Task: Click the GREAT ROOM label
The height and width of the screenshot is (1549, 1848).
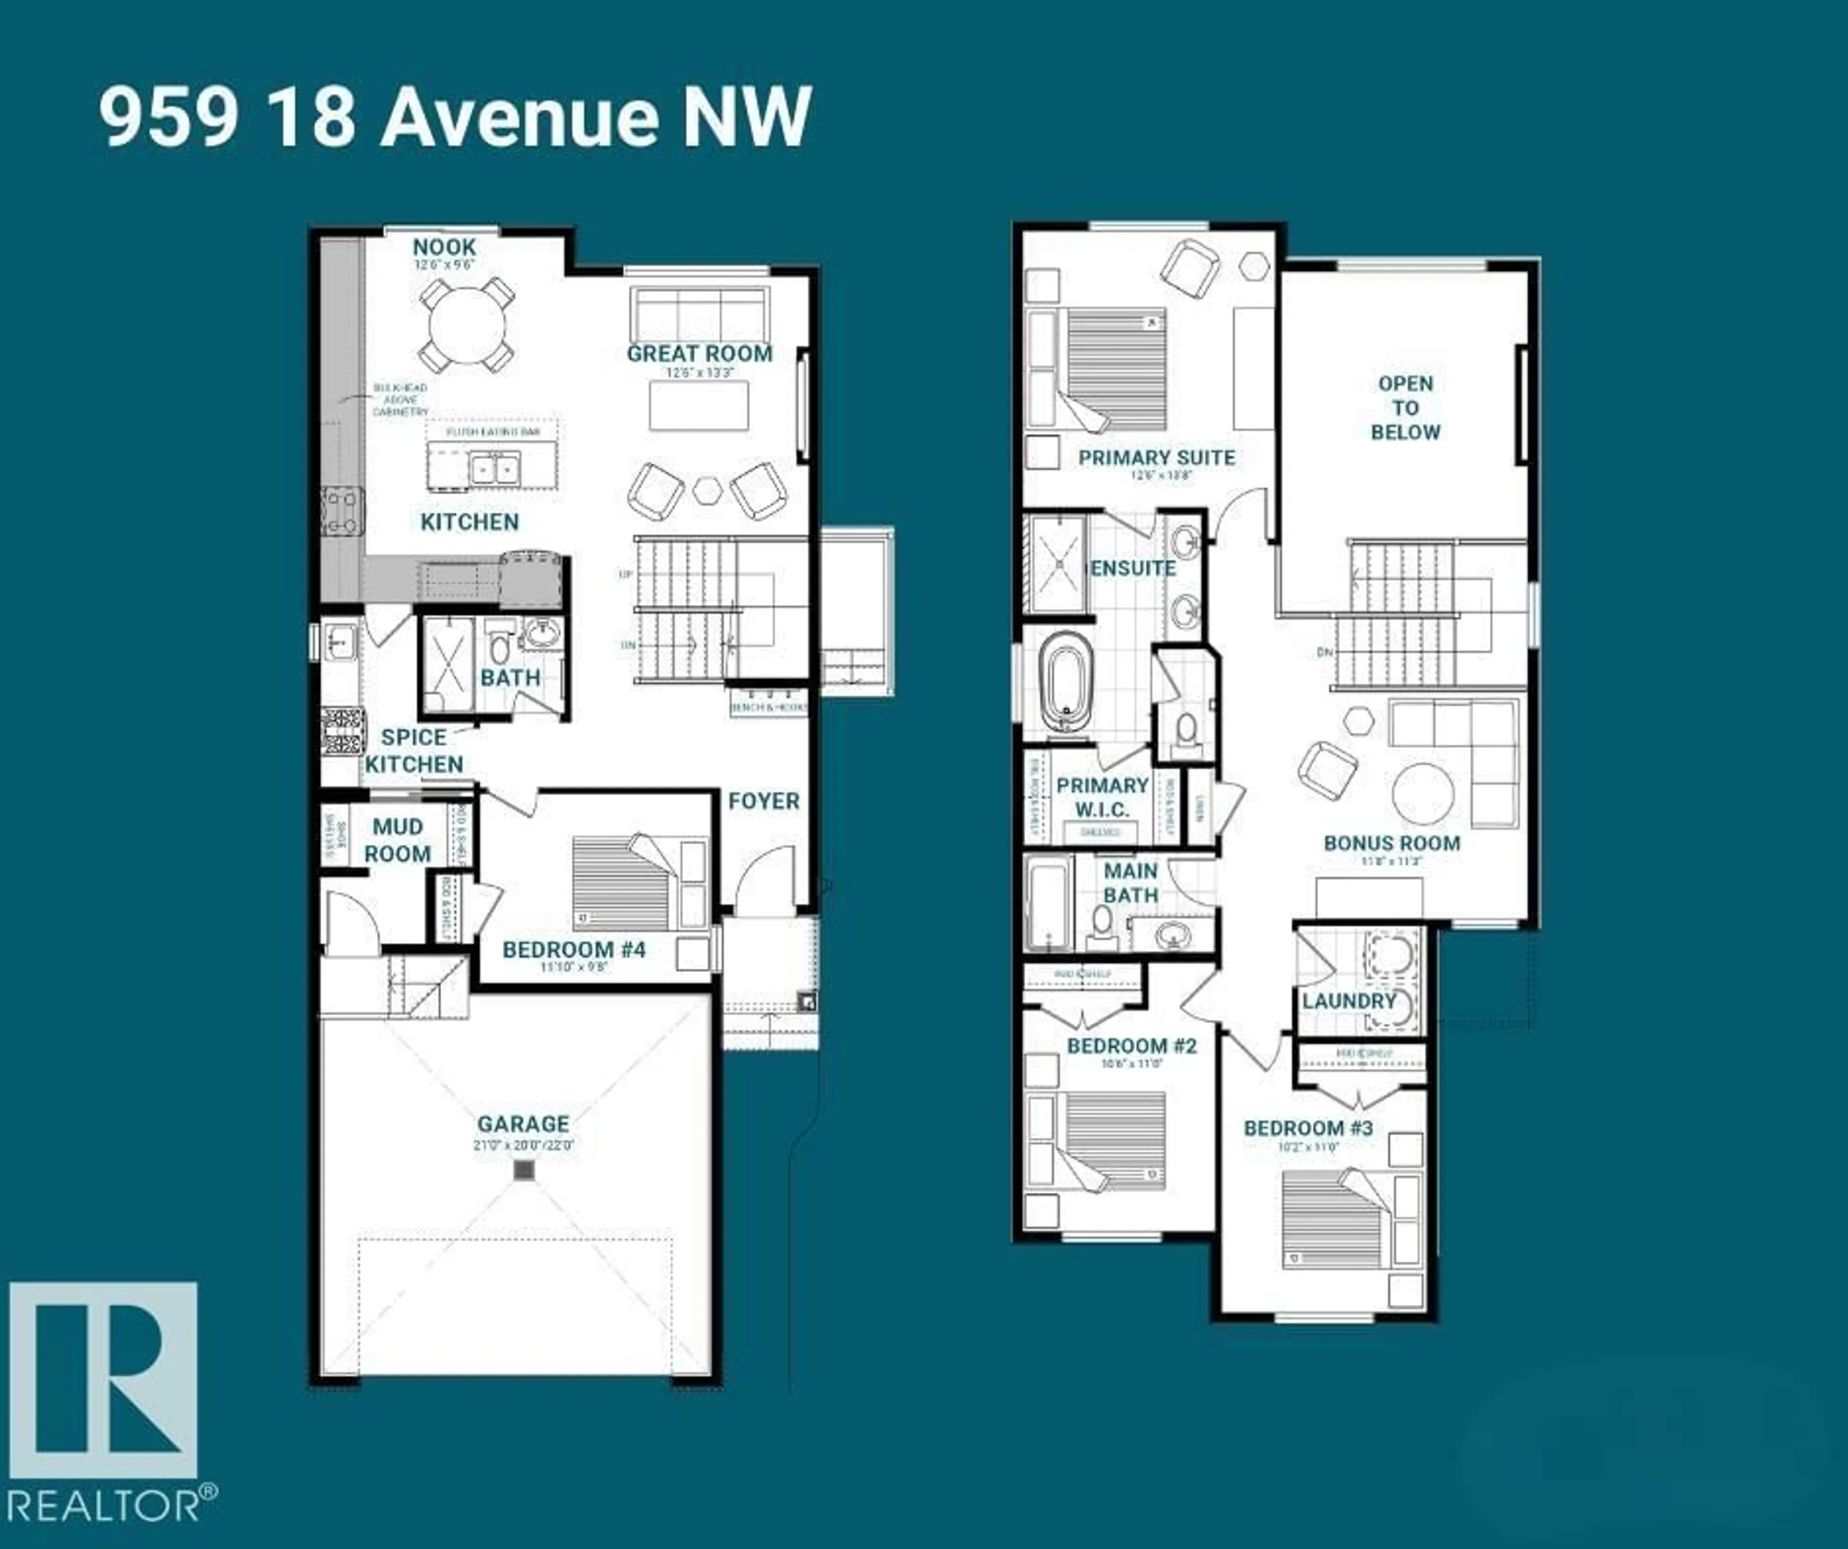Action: [700, 354]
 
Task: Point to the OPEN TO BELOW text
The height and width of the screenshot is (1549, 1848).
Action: [1405, 408]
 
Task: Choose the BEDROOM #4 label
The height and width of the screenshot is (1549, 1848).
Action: [574, 949]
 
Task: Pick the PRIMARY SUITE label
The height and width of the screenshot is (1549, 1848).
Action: [1156, 458]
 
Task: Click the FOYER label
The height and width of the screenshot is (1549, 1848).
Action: [763, 801]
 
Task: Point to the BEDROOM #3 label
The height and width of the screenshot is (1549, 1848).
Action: [1308, 1128]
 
